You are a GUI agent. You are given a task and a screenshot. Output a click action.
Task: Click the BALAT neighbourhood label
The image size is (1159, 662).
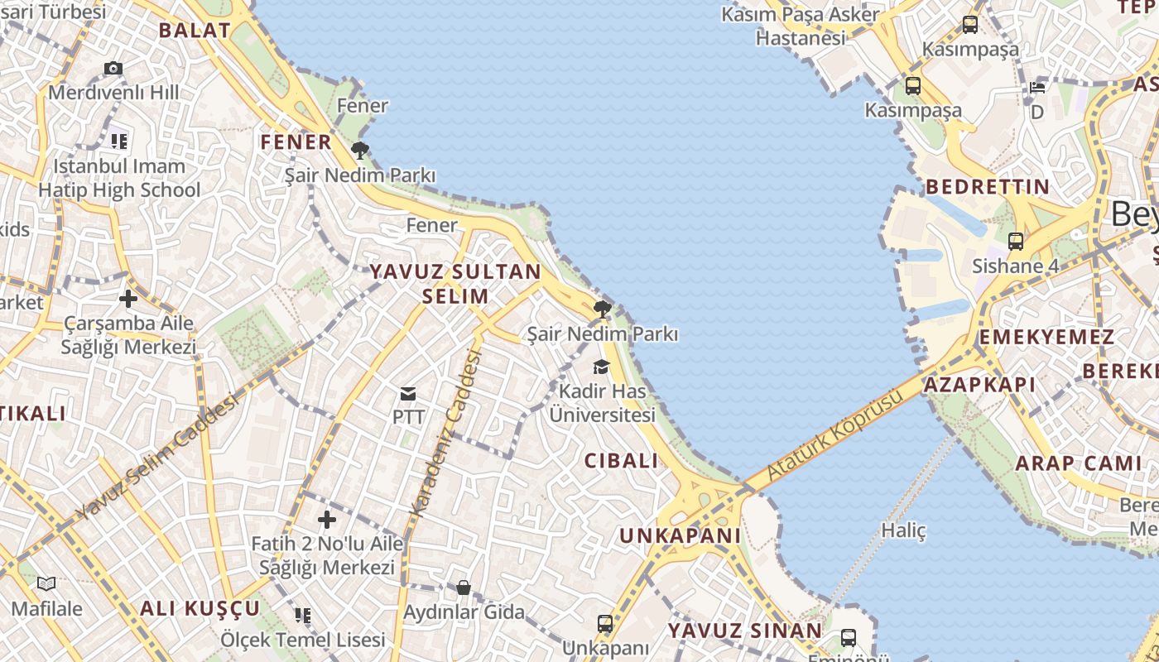pos(195,31)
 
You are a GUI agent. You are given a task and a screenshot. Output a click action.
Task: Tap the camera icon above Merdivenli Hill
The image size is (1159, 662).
pos(113,69)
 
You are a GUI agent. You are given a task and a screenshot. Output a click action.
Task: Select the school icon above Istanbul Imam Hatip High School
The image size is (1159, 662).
pos(119,142)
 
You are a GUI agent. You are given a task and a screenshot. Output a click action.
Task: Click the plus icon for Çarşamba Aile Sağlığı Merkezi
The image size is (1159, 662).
pos(127,298)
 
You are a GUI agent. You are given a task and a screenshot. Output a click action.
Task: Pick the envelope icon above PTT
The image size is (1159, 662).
pos(408,393)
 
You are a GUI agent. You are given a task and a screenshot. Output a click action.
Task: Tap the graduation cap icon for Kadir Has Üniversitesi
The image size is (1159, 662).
pos(602,367)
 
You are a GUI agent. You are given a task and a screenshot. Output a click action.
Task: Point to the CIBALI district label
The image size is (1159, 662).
pos(622,461)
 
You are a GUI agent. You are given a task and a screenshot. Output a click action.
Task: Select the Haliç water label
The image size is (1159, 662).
pos(903,530)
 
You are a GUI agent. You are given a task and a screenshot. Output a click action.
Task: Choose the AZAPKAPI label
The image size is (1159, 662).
pos(979,385)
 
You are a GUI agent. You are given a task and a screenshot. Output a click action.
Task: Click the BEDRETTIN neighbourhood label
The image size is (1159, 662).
pos(988,186)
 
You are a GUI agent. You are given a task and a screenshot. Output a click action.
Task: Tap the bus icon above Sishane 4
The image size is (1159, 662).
pos(1016,242)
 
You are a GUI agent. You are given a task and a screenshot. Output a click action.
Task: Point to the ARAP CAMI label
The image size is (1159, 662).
pos(1079,463)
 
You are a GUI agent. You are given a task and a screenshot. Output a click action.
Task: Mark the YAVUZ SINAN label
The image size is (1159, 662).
pos(745,631)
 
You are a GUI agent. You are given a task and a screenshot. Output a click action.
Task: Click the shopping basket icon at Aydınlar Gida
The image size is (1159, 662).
pos(464,588)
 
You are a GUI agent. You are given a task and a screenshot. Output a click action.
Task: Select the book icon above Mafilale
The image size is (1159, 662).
pos(46,584)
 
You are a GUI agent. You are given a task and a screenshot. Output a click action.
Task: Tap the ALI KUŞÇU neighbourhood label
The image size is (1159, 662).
pos(200,609)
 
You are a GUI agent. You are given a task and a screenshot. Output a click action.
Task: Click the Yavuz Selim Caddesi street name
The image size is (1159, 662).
pos(157,457)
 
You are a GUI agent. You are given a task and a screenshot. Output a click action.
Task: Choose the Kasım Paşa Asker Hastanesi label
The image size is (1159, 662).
pos(801,26)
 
